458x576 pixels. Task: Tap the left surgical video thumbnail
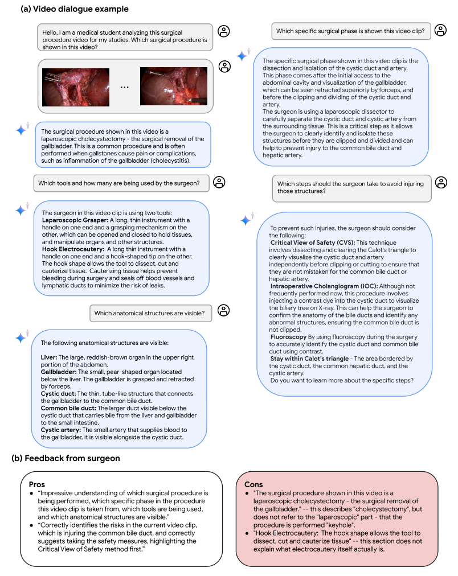(x=76, y=87)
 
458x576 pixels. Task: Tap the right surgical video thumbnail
(x=174, y=87)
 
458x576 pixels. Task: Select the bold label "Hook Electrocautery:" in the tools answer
(x=74, y=249)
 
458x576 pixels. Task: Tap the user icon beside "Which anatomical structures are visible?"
(x=224, y=310)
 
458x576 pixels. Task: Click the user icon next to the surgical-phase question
(x=440, y=31)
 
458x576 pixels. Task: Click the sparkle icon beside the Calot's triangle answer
(x=246, y=220)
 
